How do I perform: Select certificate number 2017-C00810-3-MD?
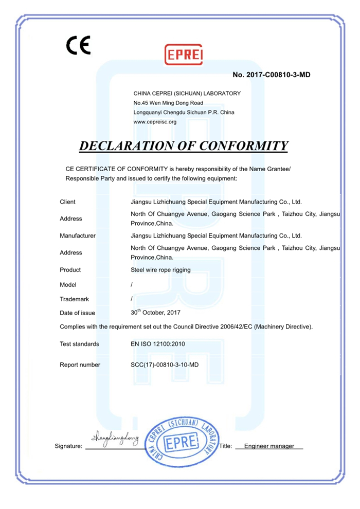coord(272,75)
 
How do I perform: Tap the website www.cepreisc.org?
coord(155,122)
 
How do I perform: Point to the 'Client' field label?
coord(67,202)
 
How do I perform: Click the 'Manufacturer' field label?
coord(78,236)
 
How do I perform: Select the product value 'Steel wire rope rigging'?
coord(160,270)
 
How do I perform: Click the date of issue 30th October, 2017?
coord(156,312)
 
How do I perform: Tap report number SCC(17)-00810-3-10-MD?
coord(165,365)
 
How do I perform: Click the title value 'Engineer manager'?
coord(269,446)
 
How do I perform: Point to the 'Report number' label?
coord(80,365)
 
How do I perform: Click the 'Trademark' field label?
coord(75,299)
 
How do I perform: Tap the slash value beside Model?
coord(132,285)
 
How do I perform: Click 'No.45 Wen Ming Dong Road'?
coord(168,103)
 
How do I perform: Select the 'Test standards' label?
coord(79,344)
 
